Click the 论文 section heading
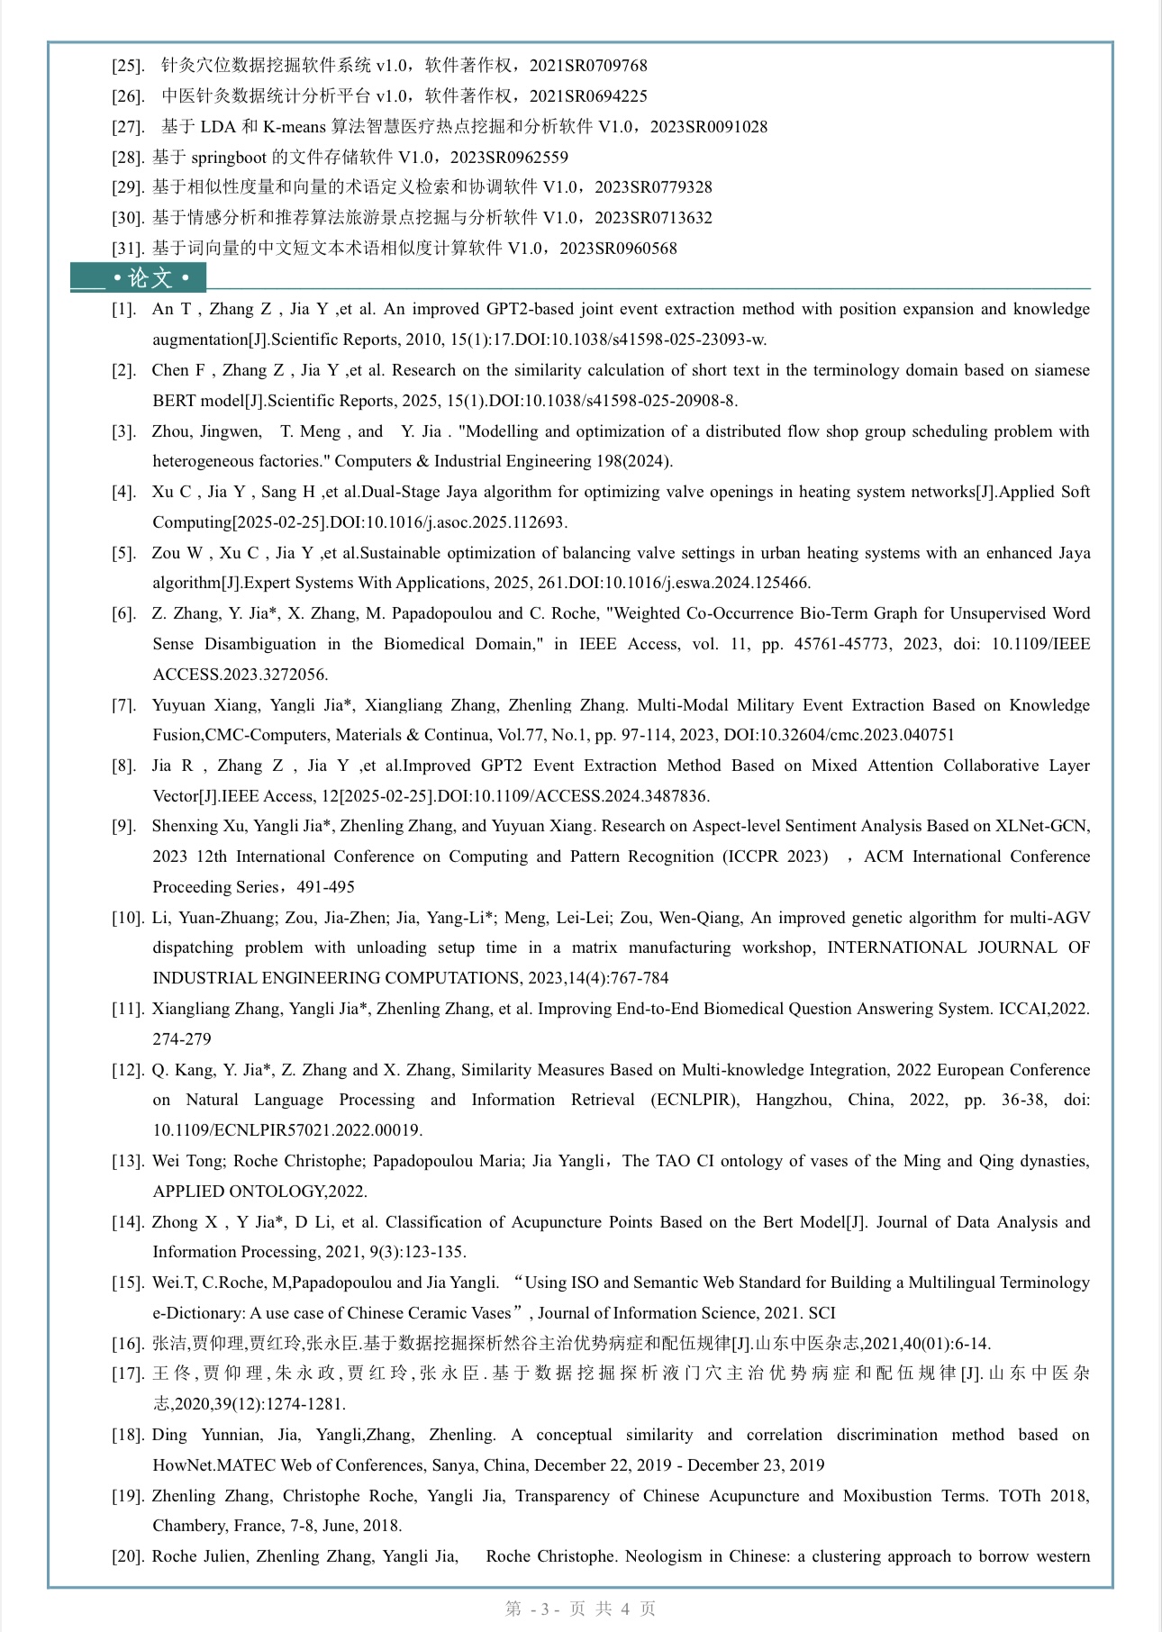coord(150,278)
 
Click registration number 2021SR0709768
coord(588,66)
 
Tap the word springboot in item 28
coord(229,158)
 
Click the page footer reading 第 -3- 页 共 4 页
coord(580,1609)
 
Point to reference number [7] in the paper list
coord(124,705)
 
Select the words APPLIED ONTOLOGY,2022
coord(259,1192)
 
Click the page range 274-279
coord(182,1039)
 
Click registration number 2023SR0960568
coord(618,249)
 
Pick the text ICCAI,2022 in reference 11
coord(1043,1009)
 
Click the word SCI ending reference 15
coord(822,1313)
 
